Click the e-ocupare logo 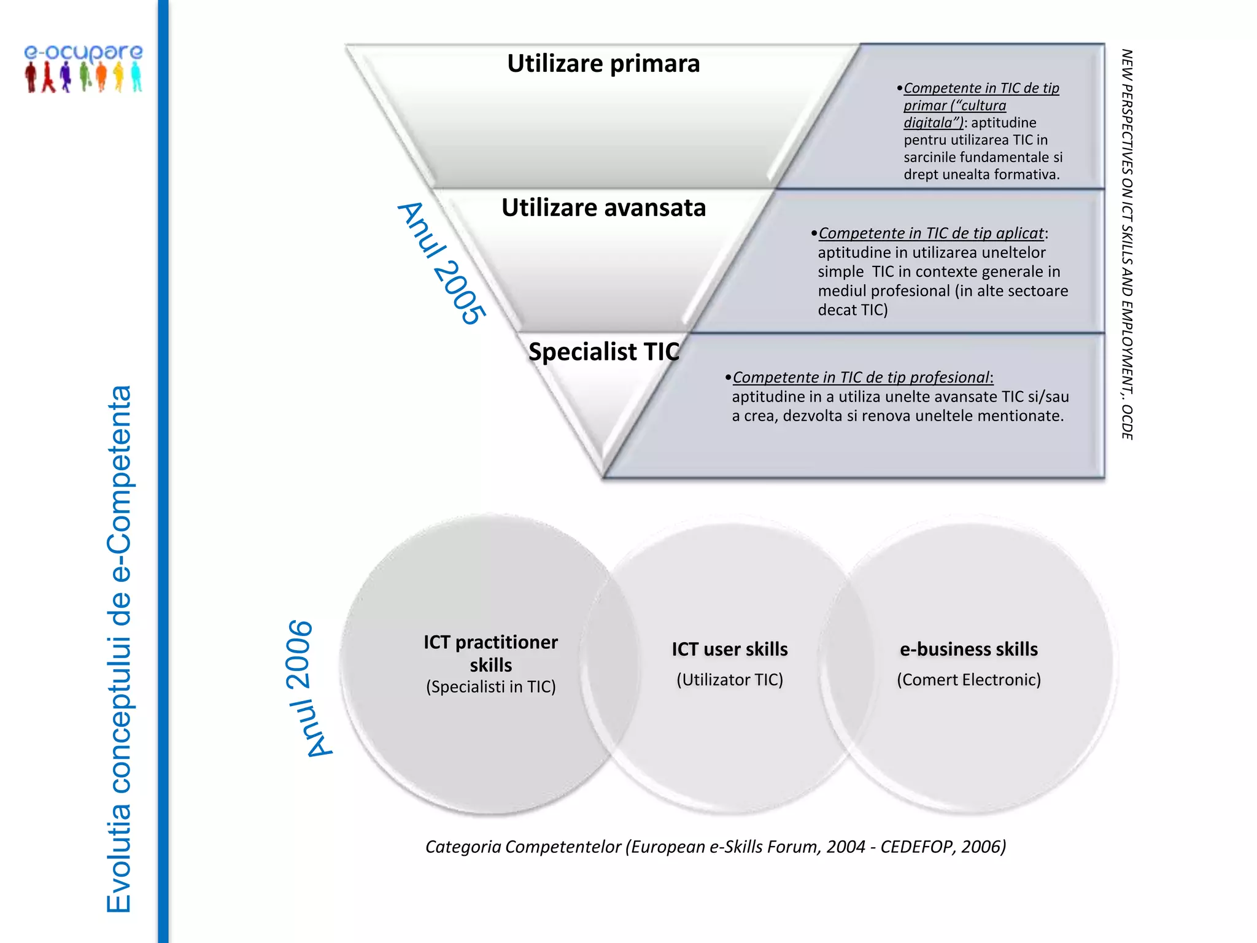[x=83, y=68]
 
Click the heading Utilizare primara [x=603, y=64]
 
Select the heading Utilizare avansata [x=603, y=208]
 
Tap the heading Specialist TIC [x=604, y=352]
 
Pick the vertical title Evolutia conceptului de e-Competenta [x=119, y=649]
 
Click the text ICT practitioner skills [x=490, y=653]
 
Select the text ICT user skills [x=730, y=649]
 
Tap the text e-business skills [x=969, y=649]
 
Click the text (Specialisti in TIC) [x=491, y=686]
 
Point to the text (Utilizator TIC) [x=730, y=680]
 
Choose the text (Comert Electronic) [x=969, y=680]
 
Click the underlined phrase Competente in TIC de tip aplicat [x=931, y=233]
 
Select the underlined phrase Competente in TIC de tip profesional [x=862, y=378]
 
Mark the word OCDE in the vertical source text [x=1127, y=422]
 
